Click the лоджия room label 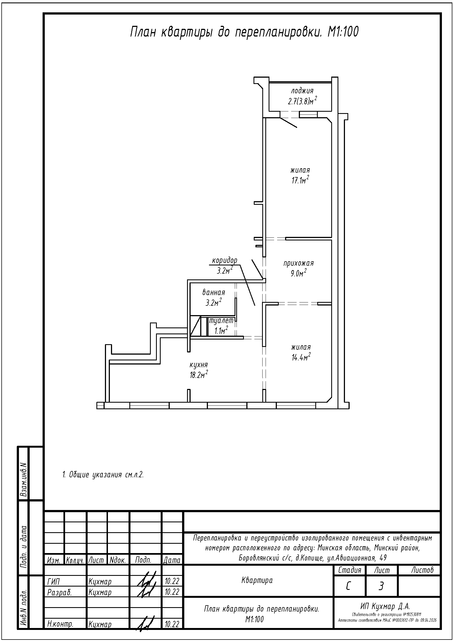(302, 91)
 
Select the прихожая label (299, 263)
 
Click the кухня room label (199, 365)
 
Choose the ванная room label (214, 293)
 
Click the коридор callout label (225, 260)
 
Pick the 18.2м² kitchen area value (199, 374)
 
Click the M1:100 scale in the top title (343, 32)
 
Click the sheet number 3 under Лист (381, 585)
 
